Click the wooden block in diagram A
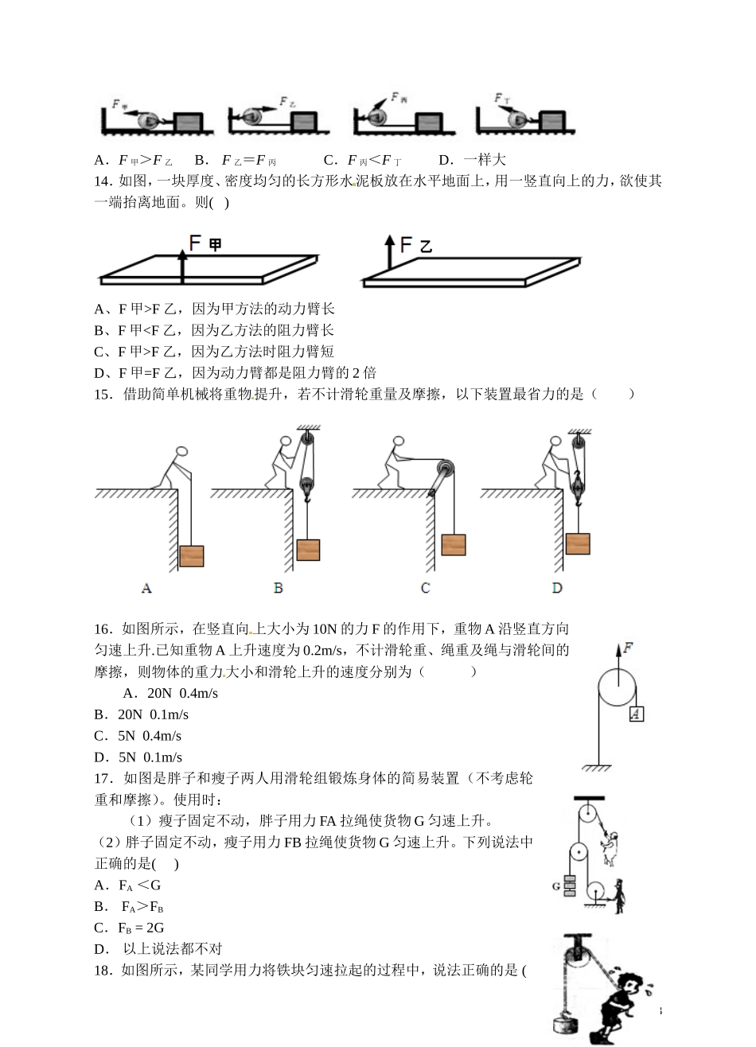tap(192, 555)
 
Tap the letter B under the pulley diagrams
tap(279, 588)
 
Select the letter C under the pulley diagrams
tap(426, 588)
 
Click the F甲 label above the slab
tap(205, 244)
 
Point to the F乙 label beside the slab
tap(415, 244)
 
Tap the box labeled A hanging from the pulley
tap(636, 714)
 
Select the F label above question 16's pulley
tap(628, 648)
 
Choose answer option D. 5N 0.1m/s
tap(138, 757)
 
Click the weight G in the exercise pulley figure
tap(570, 885)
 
